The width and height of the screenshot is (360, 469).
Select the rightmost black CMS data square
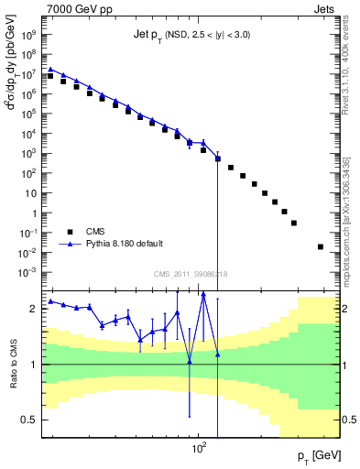point(321,246)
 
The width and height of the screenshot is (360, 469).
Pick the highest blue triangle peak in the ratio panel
point(203,294)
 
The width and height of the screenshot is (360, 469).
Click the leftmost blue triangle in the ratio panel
point(50,300)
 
